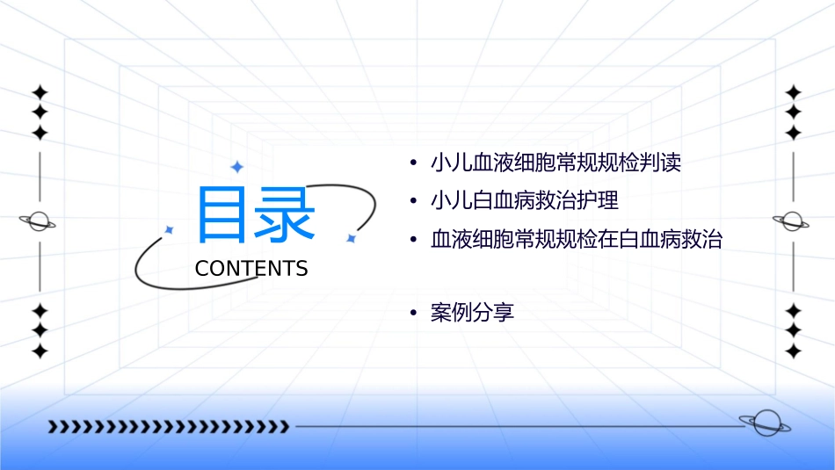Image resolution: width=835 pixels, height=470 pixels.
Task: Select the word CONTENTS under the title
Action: click(x=251, y=269)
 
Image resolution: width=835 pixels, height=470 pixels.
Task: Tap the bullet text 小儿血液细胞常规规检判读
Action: click(x=555, y=163)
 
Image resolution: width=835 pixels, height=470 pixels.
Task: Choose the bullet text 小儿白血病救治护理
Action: click(x=525, y=201)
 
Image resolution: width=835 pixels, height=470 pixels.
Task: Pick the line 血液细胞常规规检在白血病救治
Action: click(x=576, y=240)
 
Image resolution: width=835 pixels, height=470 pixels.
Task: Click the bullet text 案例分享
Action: click(x=472, y=312)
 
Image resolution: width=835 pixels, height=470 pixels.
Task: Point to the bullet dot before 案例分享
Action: click(x=414, y=313)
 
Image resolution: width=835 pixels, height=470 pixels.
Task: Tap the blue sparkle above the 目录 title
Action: click(x=236, y=167)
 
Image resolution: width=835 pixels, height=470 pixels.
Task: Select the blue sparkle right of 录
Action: click(x=351, y=238)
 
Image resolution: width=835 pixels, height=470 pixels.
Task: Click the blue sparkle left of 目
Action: click(x=170, y=229)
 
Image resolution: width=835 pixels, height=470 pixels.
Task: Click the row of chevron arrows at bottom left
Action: click(x=168, y=427)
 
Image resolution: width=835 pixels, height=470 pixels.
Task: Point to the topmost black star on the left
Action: click(x=40, y=91)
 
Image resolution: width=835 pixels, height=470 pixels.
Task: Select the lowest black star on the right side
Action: click(x=794, y=351)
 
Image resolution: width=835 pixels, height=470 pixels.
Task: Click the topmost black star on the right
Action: click(x=794, y=91)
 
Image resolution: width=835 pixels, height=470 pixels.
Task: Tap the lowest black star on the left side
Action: click(x=40, y=351)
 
